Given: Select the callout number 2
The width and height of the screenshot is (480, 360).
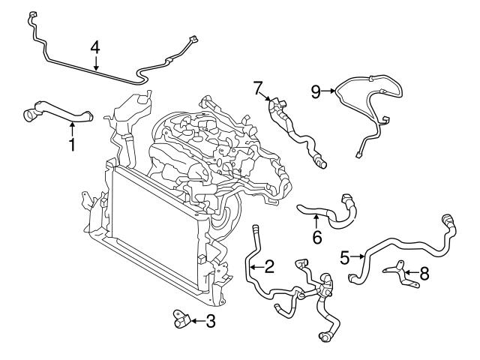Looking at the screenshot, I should [268, 265].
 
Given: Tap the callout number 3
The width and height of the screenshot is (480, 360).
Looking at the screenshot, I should [211, 322].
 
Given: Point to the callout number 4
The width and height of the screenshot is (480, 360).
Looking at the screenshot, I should [95, 47].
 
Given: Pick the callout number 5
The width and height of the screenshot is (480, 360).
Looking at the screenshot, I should [344, 257].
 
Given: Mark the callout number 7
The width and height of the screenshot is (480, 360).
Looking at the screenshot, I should [258, 88].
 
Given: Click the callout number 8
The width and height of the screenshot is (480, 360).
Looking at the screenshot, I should [424, 274].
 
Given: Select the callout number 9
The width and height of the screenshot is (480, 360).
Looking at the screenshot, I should [316, 91].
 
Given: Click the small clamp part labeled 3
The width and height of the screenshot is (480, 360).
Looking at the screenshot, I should [180, 320].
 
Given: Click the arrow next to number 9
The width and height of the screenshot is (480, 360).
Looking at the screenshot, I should [330, 91].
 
